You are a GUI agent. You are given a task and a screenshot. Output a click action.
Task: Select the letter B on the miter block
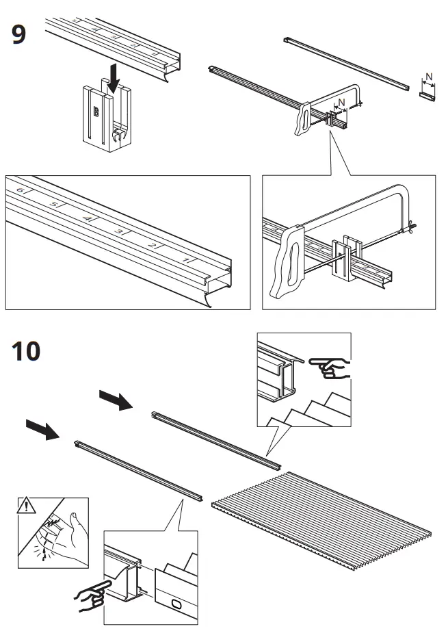pos(96,110)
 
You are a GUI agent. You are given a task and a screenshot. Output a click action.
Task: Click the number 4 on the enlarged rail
pos(86,218)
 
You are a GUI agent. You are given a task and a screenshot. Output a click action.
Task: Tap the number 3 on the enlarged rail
pos(119,231)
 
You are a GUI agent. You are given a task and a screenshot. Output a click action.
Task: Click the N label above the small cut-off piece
pos(428,77)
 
